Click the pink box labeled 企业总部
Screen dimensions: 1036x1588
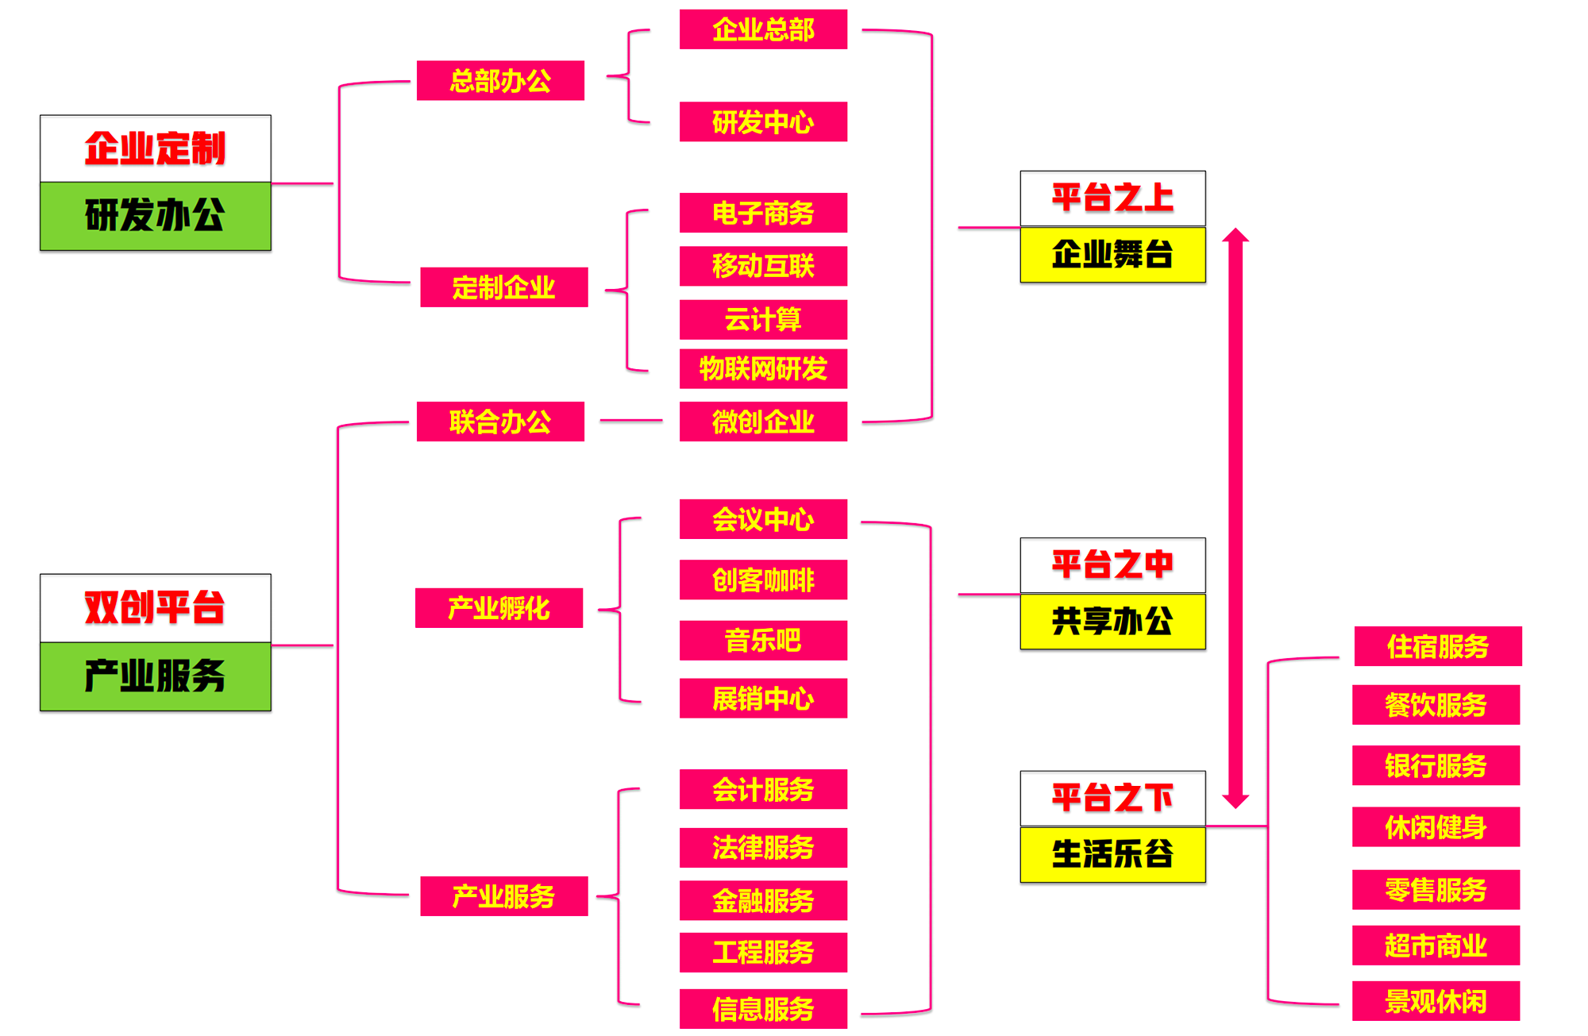pos(763,29)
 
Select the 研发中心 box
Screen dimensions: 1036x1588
pos(763,121)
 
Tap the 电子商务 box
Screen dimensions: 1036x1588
pos(763,213)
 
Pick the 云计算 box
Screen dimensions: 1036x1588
pos(763,319)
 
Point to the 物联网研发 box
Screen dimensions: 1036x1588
pos(763,368)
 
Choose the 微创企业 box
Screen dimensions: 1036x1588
pos(763,422)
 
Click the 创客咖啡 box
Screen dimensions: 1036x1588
pos(763,580)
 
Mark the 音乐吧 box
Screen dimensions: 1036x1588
pos(763,640)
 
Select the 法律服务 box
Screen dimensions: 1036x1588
pos(763,847)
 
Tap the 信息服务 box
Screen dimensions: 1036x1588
pos(763,1008)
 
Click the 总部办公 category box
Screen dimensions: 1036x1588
pos(500,80)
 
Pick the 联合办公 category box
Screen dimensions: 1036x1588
pos(500,422)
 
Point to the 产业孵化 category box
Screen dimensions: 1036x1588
pos(499,608)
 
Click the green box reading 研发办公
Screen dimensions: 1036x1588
pos(156,216)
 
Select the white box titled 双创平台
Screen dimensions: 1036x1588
pos(156,608)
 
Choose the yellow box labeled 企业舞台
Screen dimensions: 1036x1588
pos(1112,255)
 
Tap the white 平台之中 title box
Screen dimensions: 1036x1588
pos(1112,565)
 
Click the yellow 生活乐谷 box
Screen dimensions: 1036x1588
pos(1112,854)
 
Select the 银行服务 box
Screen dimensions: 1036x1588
pos(1436,765)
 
